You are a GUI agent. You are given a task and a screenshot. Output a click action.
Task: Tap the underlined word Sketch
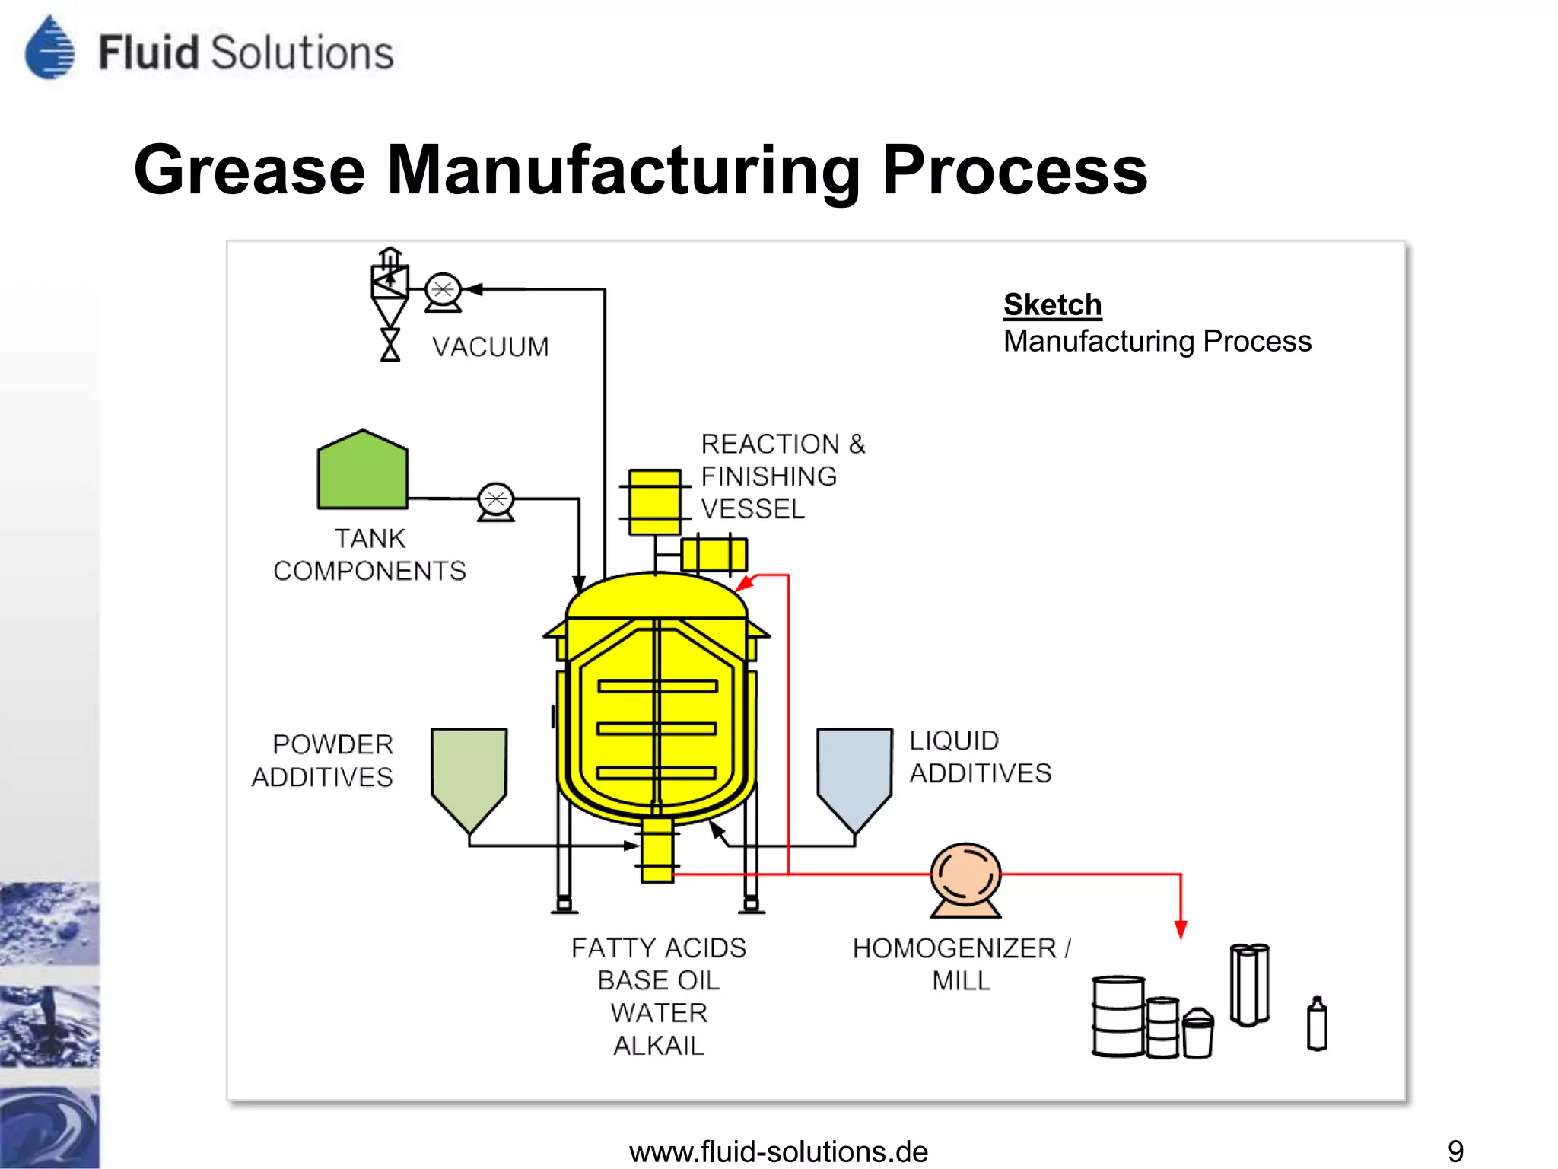pyautogui.click(x=1052, y=304)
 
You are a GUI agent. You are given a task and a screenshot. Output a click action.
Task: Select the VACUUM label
pyautogui.click(x=491, y=347)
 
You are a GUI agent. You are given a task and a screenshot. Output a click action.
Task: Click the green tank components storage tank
pyautogui.click(x=363, y=472)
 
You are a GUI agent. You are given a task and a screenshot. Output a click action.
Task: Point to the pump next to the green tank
pyautogui.click(x=496, y=502)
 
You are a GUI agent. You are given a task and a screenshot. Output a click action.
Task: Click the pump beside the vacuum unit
pyautogui.click(x=443, y=291)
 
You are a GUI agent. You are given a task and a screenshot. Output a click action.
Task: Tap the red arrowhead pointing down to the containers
pyautogui.click(x=1181, y=929)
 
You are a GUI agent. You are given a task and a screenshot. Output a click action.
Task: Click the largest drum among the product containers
pyautogui.click(x=1118, y=1016)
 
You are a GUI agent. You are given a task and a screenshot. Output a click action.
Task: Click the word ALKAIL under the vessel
pyautogui.click(x=659, y=1046)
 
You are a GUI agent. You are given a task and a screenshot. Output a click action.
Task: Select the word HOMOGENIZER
pyautogui.click(x=954, y=948)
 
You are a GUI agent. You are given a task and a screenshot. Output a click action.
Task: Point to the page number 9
pyautogui.click(x=1455, y=1151)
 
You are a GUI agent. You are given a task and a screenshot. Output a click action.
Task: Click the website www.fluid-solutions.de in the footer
pyautogui.click(x=778, y=1151)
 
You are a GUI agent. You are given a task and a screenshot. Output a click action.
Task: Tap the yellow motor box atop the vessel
pyautogui.click(x=654, y=502)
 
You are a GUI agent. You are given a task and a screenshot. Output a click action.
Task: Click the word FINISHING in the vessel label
pyautogui.click(x=768, y=476)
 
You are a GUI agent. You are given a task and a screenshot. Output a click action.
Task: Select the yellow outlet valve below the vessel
pyautogui.click(x=657, y=849)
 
